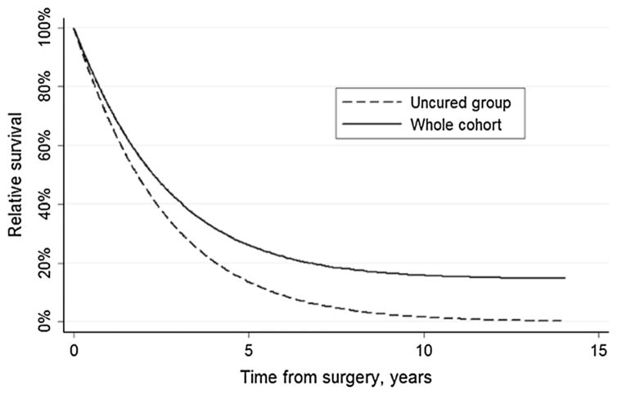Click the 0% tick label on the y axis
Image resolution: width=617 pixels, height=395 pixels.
[48, 321]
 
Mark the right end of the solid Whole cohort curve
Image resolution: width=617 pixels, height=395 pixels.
[565, 278]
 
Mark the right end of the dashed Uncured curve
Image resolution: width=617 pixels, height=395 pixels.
[563, 320]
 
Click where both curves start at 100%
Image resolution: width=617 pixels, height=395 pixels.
[74, 29]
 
